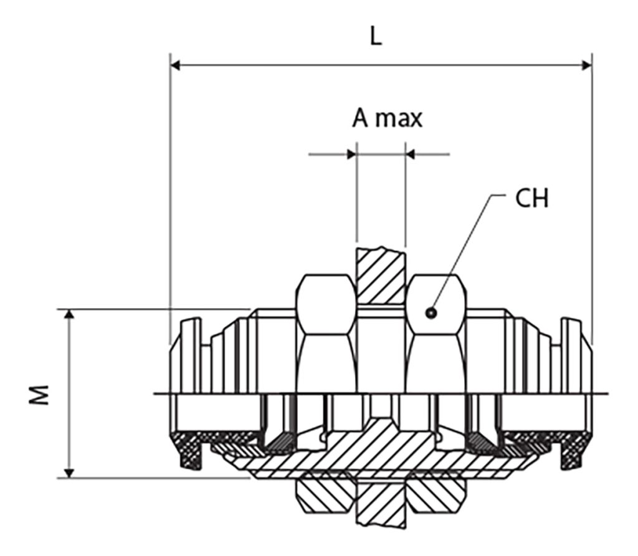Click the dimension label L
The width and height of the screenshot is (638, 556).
(x=375, y=37)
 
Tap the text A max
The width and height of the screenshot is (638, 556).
(x=387, y=118)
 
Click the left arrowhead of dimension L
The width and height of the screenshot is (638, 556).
(x=175, y=65)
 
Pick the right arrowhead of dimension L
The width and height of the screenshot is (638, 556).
(x=586, y=65)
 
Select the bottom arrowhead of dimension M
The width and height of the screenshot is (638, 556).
(x=70, y=473)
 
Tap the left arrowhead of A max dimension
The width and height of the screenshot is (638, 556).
(x=351, y=153)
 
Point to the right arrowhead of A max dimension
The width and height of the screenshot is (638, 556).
(x=411, y=153)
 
